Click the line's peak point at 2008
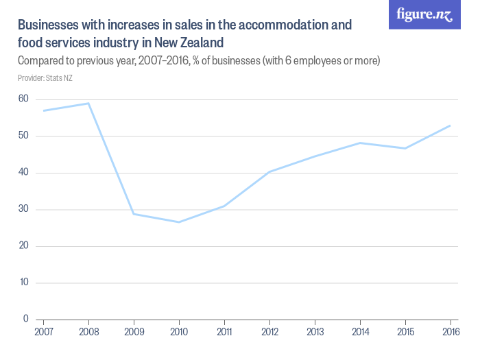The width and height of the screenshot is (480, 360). (x=88, y=104)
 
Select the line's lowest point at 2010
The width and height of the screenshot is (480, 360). (x=179, y=222)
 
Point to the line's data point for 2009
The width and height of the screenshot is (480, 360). (x=134, y=214)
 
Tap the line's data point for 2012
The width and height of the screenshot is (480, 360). (x=269, y=171)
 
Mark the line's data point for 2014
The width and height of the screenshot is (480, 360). (x=360, y=143)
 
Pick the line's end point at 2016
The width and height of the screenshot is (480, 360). (x=450, y=125)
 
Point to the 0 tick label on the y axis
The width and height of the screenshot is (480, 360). (x=26, y=319)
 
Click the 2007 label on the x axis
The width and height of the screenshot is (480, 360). (x=43, y=333)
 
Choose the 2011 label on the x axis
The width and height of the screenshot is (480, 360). (x=224, y=333)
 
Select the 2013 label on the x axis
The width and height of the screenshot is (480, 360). (x=315, y=333)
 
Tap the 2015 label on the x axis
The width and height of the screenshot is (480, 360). (x=405, y=333)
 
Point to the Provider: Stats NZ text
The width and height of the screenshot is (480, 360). (x=45, y=78)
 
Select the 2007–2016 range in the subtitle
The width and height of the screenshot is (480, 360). (x=164, y=61)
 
